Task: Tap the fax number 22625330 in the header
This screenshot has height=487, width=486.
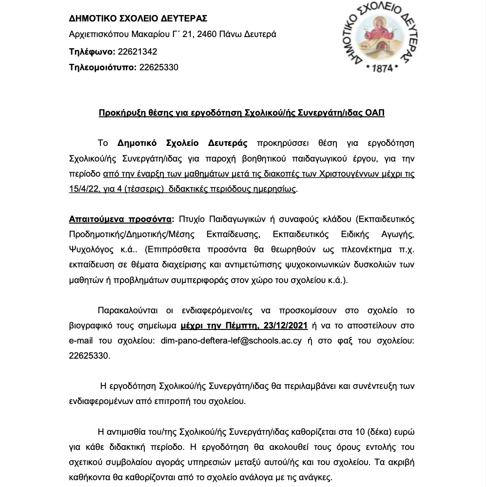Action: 159,67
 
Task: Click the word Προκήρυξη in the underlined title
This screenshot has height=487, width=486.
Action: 118,113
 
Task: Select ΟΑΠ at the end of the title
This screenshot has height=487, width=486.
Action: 375,113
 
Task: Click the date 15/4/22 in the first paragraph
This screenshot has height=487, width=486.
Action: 84,189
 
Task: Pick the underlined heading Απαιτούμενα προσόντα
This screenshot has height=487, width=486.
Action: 121,219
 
